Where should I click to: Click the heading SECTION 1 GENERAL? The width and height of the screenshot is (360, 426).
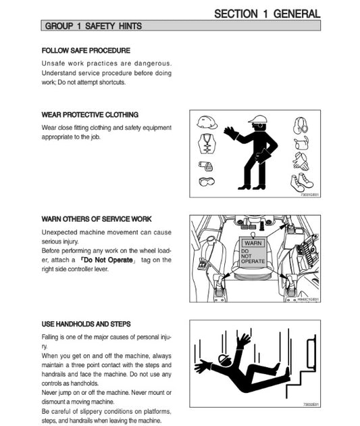coord(267,14)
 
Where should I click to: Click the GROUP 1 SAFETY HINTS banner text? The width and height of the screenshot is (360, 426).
coord(93,26)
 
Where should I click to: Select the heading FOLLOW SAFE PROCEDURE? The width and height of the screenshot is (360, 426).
coord(86,51)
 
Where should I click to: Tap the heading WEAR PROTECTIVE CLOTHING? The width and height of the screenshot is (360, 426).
coord(90,115)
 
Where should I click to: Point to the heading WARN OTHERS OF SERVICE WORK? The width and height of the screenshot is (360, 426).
coord(97,219)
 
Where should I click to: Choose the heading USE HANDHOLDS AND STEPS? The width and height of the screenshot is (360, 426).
coord(86,324)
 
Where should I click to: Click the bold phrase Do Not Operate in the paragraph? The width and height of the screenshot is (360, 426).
coord(109,260)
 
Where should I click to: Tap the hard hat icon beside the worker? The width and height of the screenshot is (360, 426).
coord(207,122)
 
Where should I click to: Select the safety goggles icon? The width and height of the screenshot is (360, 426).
coord(207,181)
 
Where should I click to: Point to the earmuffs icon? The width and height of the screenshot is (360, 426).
coord(301,125)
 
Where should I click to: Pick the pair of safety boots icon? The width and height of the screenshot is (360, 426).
coord(302,183)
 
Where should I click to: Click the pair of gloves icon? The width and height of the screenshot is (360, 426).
coord(301,162)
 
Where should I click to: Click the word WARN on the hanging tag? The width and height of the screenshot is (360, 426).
coord(253,243)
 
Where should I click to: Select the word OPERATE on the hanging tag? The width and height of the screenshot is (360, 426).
coord(253,261)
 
